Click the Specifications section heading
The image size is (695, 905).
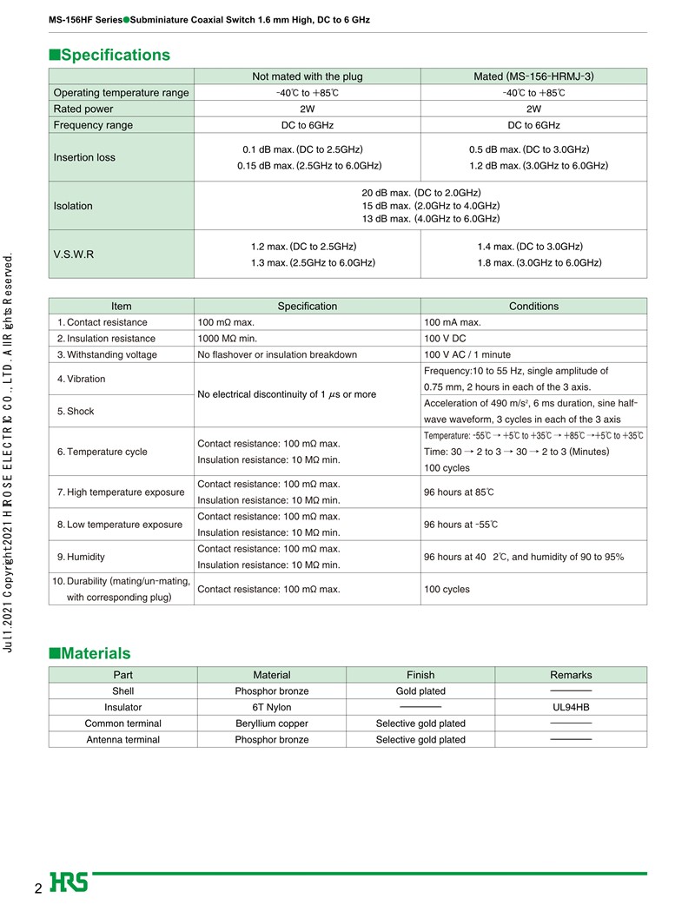[x=110, y=55]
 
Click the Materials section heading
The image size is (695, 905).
[x=90, y=653]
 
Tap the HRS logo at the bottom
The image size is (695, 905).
[x=69, y=882]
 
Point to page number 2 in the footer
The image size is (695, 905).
[x=38, y=888]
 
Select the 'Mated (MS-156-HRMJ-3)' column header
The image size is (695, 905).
[x=533, y=76]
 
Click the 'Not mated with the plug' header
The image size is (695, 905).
[x=307, y=76]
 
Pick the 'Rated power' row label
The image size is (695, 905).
[x=83, y=109]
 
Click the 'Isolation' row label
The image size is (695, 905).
[x=73, y=206]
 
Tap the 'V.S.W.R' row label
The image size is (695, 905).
[x=74, y=254]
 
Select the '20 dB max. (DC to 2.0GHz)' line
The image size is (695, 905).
[x=420, y=193]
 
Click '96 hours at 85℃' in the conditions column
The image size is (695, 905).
[x=459, y=492]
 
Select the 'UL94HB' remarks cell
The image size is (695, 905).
[x=571, y=707]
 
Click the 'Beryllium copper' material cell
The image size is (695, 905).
[x=272, y=723]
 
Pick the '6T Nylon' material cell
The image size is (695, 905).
[x=272, y=707]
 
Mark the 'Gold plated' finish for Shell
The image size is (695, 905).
[x=420, y=691]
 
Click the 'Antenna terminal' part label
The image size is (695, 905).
[x=122, y=740]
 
